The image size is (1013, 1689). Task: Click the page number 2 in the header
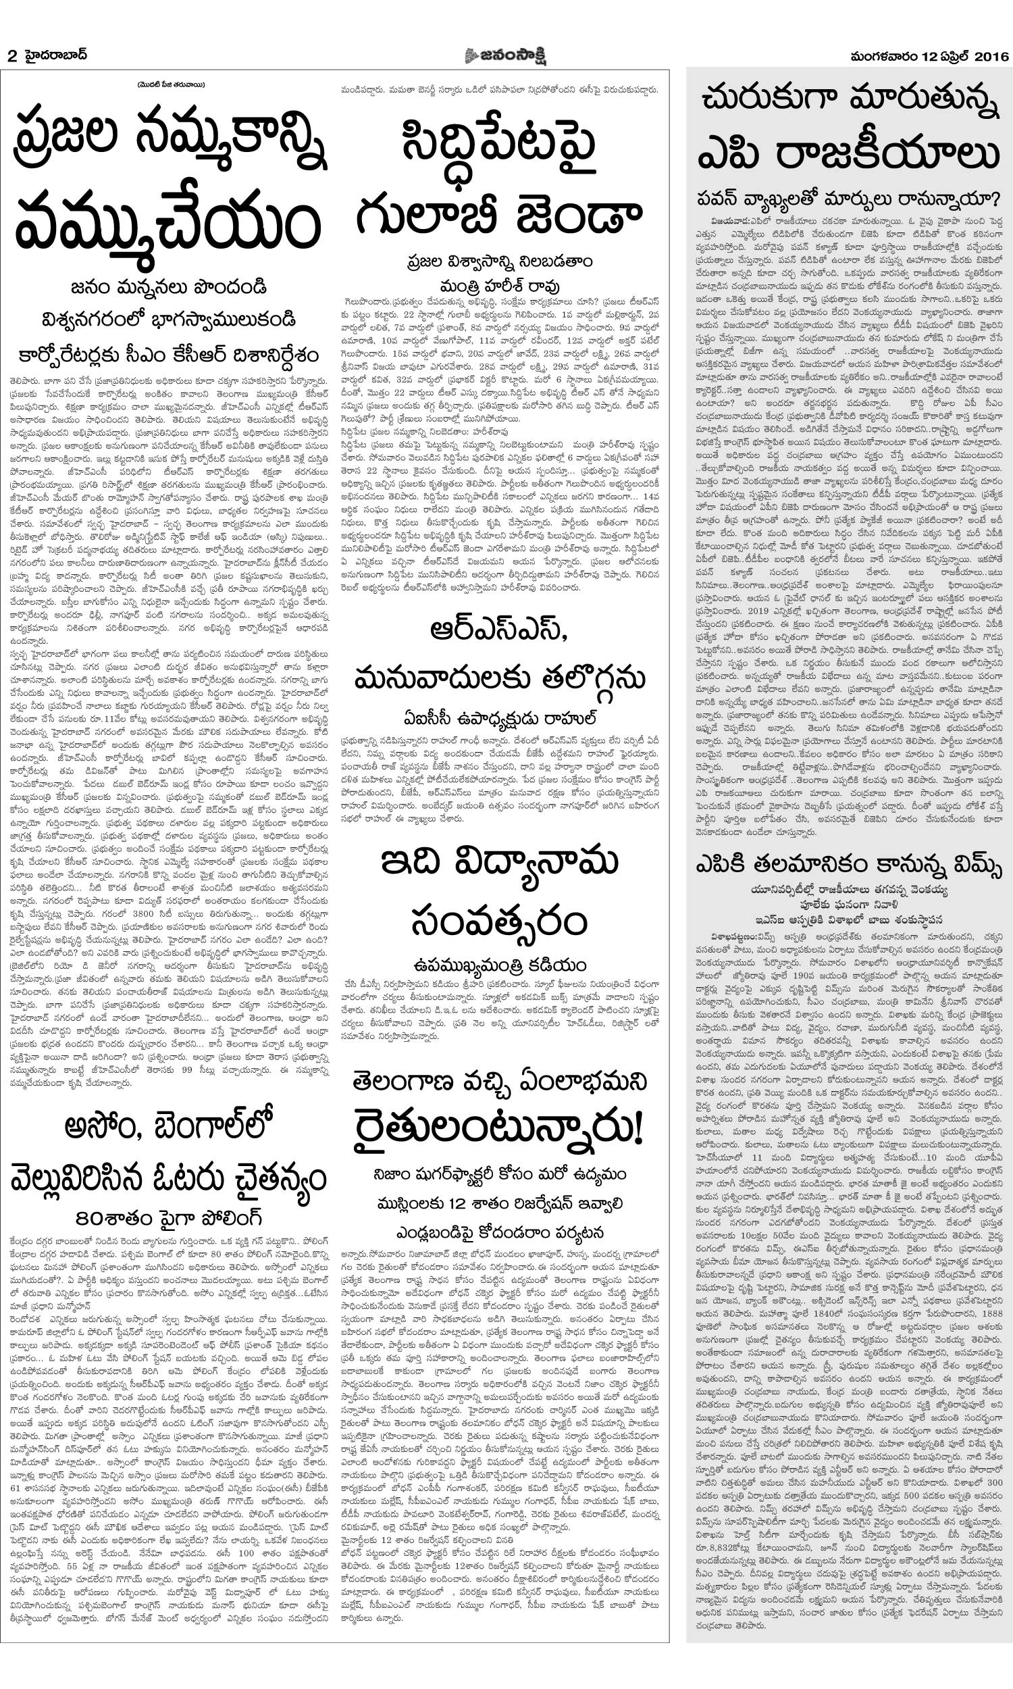coord(11,57)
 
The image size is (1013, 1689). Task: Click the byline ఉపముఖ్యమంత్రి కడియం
coord(499,965)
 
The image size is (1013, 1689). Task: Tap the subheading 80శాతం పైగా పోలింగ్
coord(169,1217)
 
